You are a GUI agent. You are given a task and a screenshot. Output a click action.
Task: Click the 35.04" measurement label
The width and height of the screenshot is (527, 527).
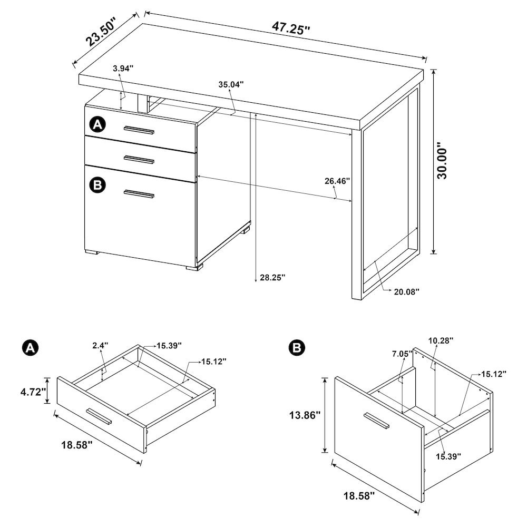tap(231, 84)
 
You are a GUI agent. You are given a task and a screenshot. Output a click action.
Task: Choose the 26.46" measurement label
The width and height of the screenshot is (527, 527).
tap(337, 181)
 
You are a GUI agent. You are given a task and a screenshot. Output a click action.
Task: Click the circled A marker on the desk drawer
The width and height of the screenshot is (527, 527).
tap(98, 124)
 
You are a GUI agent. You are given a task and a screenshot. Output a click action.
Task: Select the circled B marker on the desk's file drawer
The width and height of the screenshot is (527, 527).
tap(98, 184)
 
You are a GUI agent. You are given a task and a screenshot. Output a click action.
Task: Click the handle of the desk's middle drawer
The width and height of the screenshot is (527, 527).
tap(139, 159)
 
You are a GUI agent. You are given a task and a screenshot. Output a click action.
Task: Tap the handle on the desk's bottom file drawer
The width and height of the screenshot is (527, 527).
tap(139, 195)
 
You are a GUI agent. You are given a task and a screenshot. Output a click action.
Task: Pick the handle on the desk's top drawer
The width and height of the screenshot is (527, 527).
tap(139, 130)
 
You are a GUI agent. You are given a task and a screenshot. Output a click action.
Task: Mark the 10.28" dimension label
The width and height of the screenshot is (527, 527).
tap(441, 341)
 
